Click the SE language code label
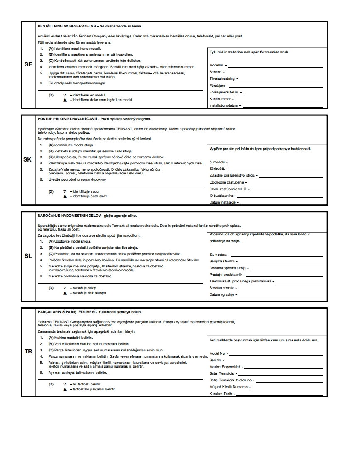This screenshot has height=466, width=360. tap(28, 65)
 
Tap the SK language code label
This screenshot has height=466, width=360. tap(28, 159)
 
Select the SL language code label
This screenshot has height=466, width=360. tap(28, 256)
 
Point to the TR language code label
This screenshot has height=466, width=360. tap(28, 351)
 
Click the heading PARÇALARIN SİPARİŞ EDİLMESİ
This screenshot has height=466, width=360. tap(67, 312)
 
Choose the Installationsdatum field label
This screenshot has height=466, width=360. tap(224, 105)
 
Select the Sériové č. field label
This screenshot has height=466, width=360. tap(217, 169)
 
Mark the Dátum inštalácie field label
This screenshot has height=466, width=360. tap(223, 202)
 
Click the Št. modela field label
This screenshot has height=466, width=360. tap(218, 255)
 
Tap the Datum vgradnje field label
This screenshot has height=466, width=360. tap(221, 294)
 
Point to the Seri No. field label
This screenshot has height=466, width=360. tap(216, 360)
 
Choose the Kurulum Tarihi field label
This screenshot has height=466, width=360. tap(221, 394)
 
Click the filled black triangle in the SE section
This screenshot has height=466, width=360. tap(64, 100)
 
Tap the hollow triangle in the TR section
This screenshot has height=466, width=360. tap(64, 384)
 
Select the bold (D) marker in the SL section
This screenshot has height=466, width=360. tap(51, 287)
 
